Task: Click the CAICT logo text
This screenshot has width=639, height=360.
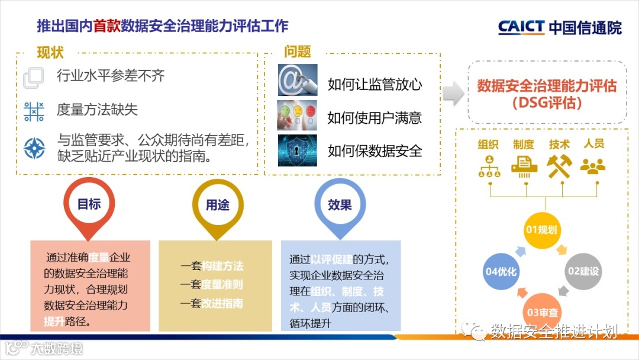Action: point(521,27)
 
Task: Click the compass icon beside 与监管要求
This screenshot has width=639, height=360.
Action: point(34,147)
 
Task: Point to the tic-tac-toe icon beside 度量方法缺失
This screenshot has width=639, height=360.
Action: point(34,111)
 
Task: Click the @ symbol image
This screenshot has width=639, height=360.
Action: point(297,79)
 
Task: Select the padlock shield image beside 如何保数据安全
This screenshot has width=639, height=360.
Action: point(297,150)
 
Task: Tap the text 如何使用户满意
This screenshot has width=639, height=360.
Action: point(375,118)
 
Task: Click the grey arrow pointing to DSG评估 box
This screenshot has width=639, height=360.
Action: point(453,94)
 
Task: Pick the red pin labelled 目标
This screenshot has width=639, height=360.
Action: point(89,205)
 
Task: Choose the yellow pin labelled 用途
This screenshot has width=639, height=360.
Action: point(217,205)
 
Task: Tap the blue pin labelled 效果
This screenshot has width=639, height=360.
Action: point(340,205)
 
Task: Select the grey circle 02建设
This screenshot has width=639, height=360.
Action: point(583,271)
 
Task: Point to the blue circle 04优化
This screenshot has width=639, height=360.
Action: point(501,272)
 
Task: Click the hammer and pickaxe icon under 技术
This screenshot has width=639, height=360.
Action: point(559,166)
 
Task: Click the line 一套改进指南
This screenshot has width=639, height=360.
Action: point(212,303)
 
